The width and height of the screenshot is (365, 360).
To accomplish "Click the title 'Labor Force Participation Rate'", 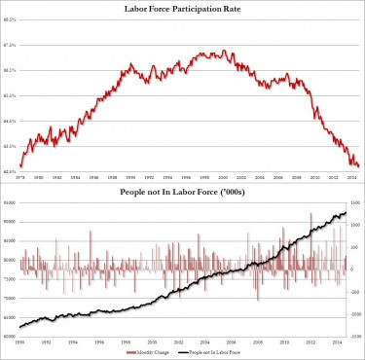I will tap(182, 8).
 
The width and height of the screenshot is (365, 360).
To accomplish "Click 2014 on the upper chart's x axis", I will tap(347, 176).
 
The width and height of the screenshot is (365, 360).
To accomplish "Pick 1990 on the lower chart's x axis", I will tap(20, 342).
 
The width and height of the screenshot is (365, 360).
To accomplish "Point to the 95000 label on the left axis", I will tap(10, 202).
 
